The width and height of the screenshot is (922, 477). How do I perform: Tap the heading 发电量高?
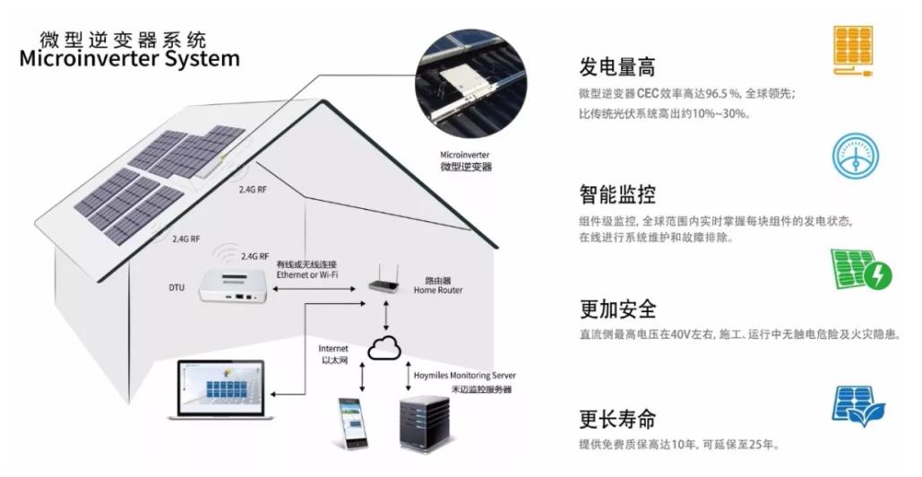click(x=617, y=67)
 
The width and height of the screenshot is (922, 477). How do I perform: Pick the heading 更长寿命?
click(x=617, y=419)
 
